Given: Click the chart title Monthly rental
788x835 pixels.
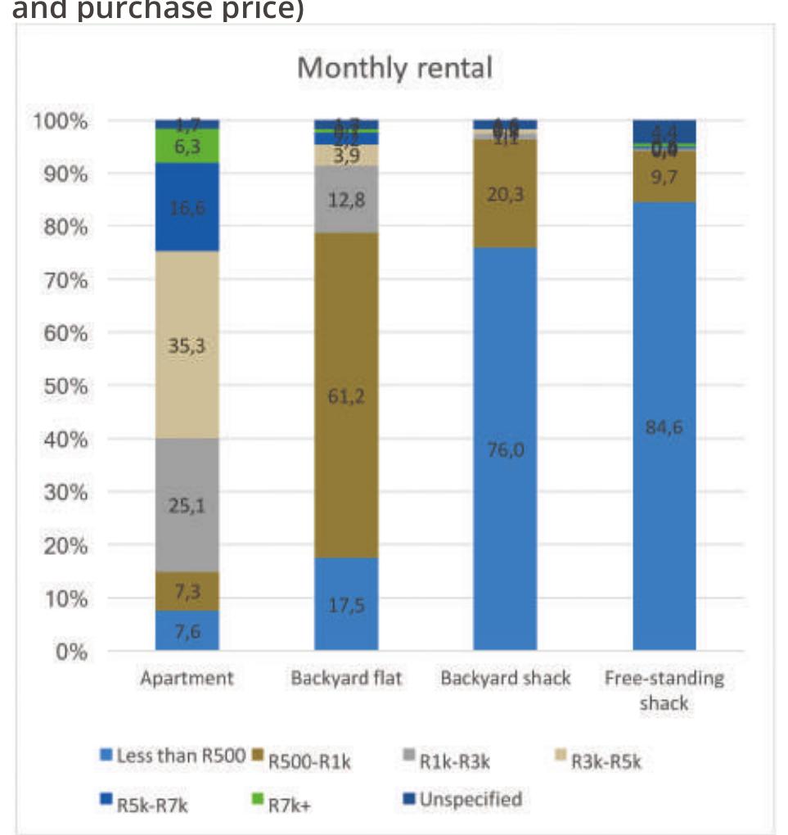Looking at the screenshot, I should click(394, 67).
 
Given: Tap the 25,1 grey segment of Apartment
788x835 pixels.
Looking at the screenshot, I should click(187, 505).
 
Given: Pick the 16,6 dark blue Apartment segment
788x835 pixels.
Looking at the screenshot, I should click(187, 208).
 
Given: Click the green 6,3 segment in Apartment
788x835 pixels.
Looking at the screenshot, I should click(187, 146).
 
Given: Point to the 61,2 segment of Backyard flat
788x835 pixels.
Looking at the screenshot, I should click(346, 396).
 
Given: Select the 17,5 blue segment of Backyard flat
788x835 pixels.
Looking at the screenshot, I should click(346, 605).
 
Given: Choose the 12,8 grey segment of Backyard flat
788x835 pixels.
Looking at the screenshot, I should click(346, 199).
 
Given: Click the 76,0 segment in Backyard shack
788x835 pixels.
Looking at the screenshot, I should click(505, 449).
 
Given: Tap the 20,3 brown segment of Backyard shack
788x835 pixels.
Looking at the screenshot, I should click(505, 194).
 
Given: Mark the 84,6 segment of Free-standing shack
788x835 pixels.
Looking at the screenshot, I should click(664, 427).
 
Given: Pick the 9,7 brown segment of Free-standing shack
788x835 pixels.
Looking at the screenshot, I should click(664, 176).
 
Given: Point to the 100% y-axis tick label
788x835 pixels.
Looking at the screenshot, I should click(60, 121).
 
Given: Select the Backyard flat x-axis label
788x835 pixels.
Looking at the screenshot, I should click(346, 679).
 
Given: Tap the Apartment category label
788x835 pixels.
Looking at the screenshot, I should click(187, 679).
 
